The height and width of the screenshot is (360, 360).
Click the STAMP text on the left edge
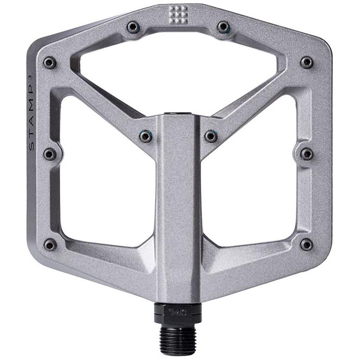pos(32,114)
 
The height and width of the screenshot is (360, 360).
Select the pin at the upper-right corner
pos(307,62)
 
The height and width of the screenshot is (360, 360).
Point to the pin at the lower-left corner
pos(50,245)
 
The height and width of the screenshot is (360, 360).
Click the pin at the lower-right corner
pos(306,244)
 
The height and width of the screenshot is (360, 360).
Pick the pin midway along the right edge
pos(307,154)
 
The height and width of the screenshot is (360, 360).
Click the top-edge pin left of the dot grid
pos(133,27)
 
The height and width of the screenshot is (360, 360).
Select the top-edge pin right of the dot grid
pos(224,27)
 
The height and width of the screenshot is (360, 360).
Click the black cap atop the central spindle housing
pos(178,114)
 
